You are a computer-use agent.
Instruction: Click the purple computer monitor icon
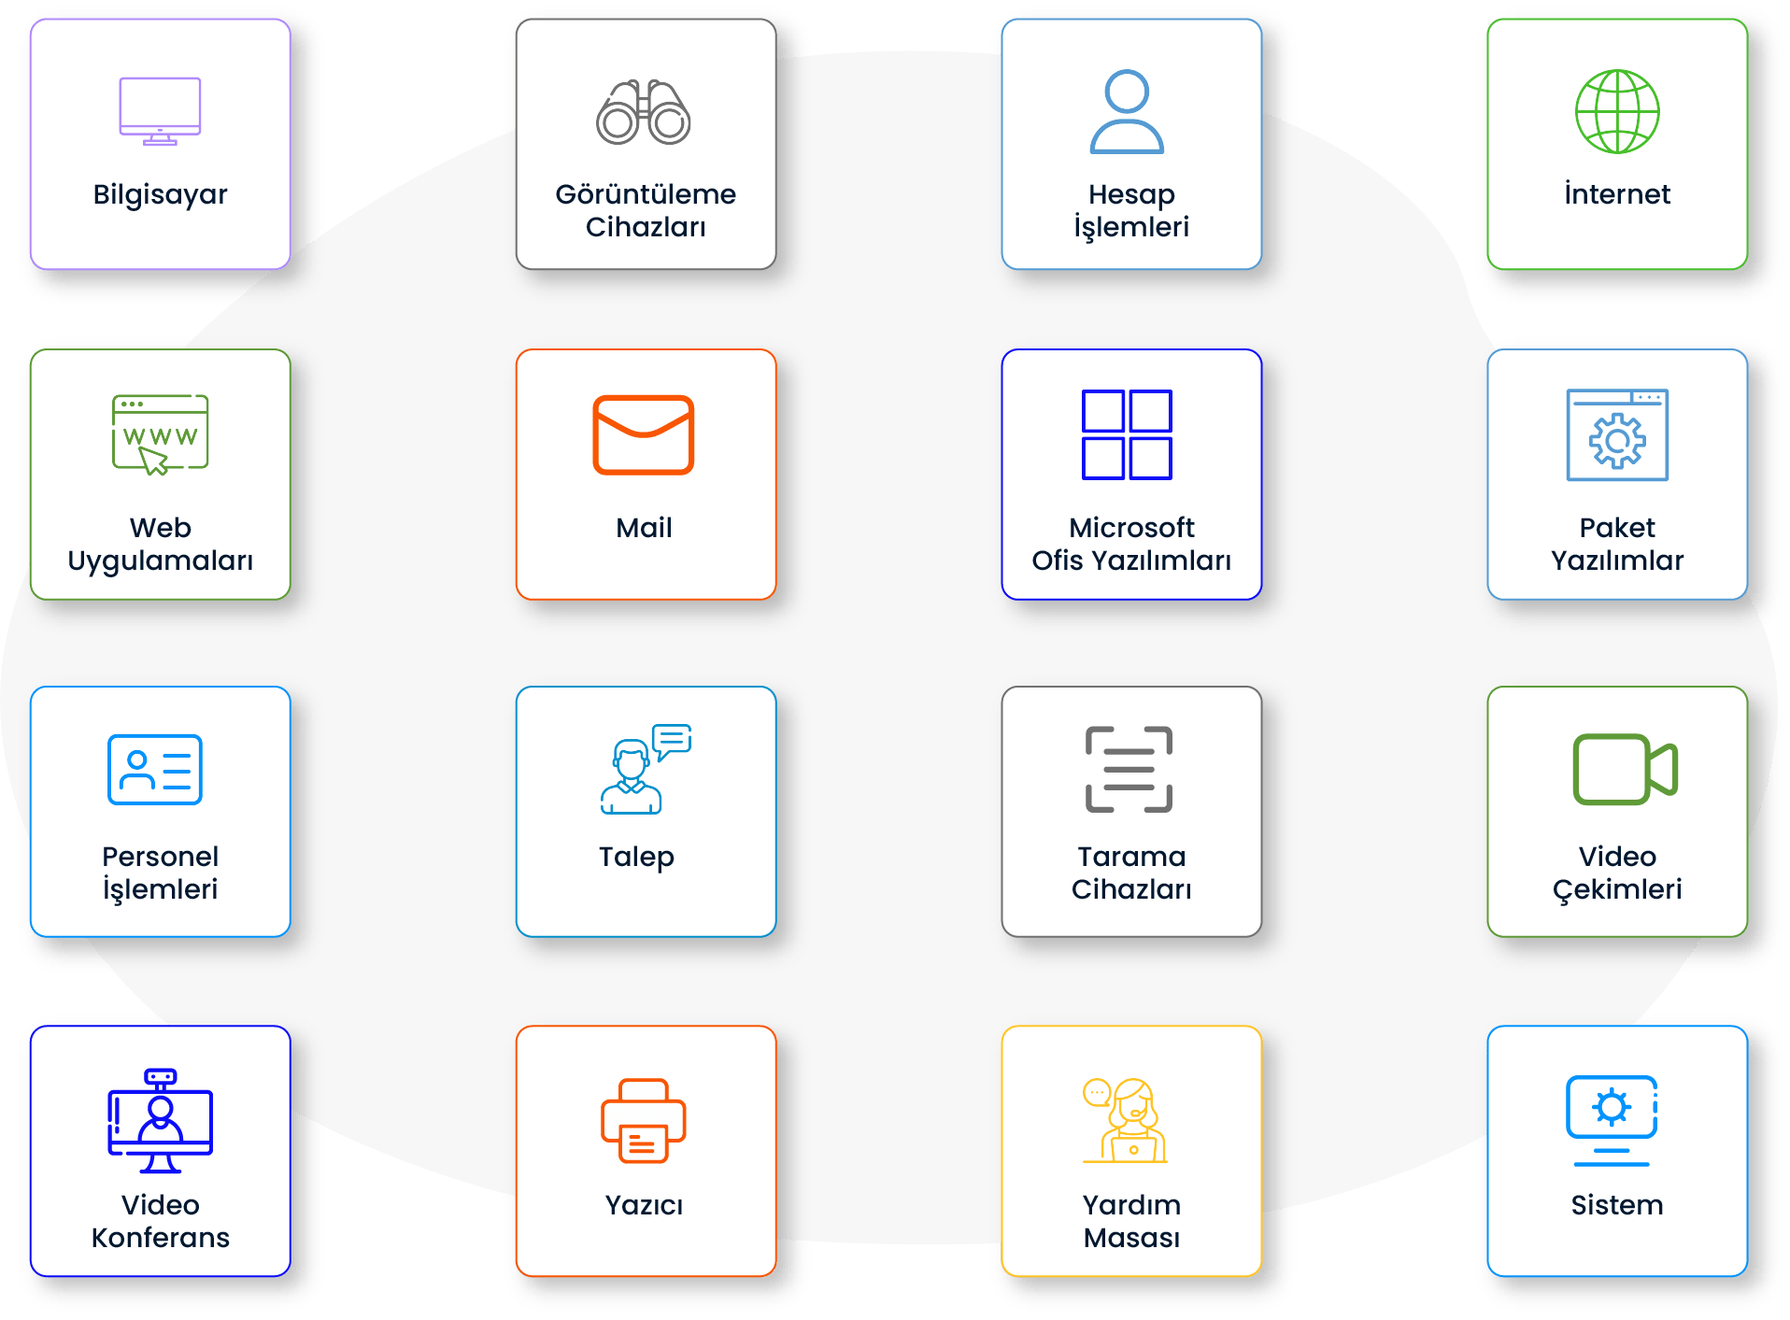coord(160,111)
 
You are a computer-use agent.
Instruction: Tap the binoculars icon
coord(644,112)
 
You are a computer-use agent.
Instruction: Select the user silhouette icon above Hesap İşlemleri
coord(1127,111)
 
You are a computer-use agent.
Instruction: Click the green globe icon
coord(1617,111)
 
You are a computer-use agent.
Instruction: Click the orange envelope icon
coord(644,434)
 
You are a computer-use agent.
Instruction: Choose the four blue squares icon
coord(1127,434)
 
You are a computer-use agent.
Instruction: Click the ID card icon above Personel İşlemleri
coord(155,770)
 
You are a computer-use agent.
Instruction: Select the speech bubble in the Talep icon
coord(672,740)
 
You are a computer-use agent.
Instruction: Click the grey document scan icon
coord(1129,770)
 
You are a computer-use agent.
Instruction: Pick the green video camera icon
coord(1625,770)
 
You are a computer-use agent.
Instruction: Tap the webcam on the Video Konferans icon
coord(161,1077)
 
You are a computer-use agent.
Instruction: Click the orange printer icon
coord(644,1121)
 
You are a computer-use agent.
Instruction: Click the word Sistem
coord(1617,1205)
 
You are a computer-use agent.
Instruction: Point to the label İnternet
coord(1617,194)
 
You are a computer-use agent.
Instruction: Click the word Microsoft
coord(1131,528)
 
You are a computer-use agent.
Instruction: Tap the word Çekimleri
coord(1617,889)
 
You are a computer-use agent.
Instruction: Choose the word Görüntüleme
coord(646,194)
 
